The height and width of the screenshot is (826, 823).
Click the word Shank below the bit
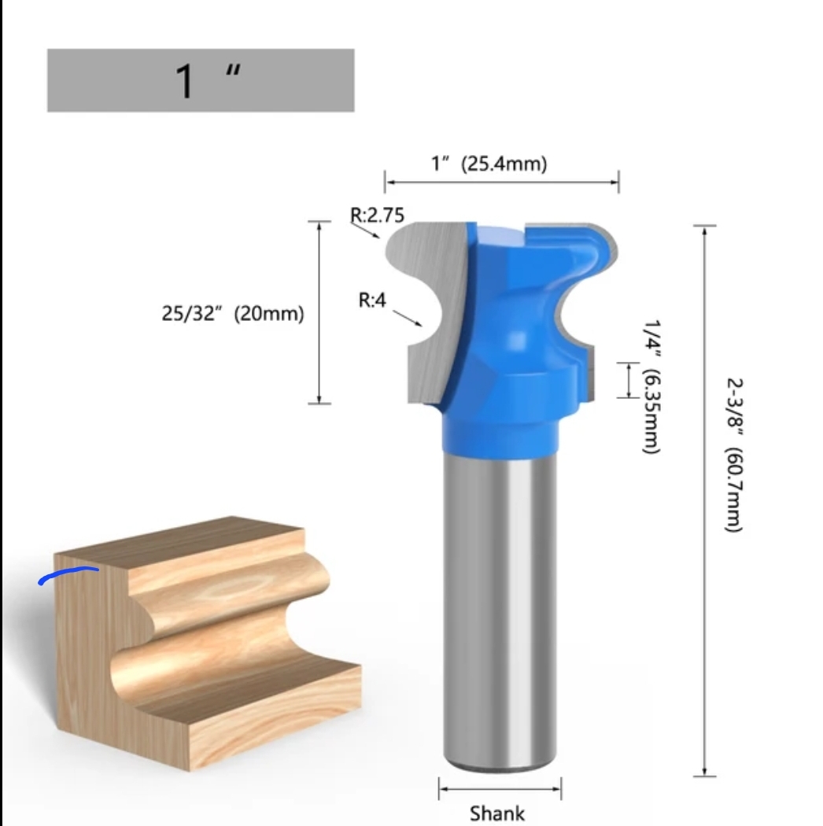pos(497,813)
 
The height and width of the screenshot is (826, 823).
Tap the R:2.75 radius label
pos(377,213)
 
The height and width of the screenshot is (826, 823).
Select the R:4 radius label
pos(372,300)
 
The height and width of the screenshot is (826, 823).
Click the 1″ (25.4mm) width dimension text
pos(489,164)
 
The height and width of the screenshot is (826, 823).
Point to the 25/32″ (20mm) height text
pos(233,313)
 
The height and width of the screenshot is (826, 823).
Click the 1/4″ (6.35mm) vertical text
pos(651,385)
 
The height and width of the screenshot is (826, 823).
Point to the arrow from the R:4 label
pos(408,317)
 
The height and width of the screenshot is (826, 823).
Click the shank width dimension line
pos(500,787)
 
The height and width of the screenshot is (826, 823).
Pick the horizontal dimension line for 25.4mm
pos(501,183)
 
